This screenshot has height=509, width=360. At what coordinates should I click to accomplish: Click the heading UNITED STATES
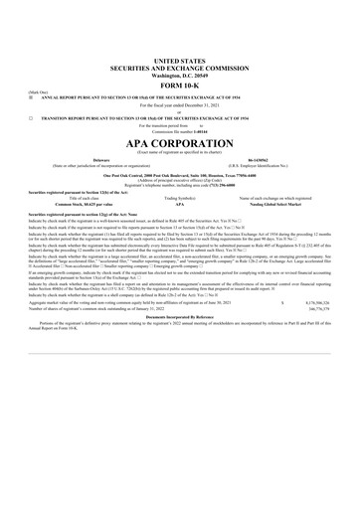pyautogui.click(x=181, y=33)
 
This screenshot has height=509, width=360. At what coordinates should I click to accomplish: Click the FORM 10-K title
pyautogui.click(x=181, y=56)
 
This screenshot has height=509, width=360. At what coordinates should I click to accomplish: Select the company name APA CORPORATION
pyautogui.click(x=181, y=142)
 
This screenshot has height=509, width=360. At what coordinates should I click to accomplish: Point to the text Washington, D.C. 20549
pyautogui.click(x=181, y=47)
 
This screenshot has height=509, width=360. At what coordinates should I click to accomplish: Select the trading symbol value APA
pyautogui.click(x=180, y=207)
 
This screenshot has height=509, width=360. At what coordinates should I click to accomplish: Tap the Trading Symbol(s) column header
pyautogui.click(x=180, y=201)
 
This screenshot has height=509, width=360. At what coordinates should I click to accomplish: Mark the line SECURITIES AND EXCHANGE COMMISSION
pyautogui.click(x=181, y=40)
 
